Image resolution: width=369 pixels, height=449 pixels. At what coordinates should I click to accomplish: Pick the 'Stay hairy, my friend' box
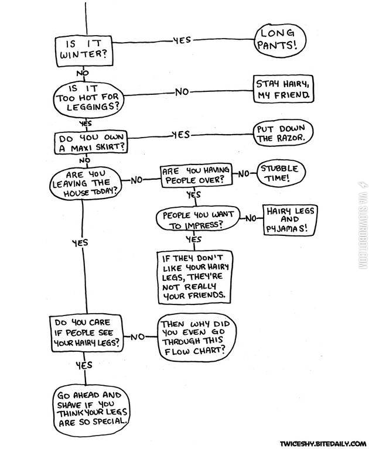pyautogui.click(x=282, y=89)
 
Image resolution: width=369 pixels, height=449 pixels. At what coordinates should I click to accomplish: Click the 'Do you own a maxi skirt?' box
pyautogui.click(x=90, y=140)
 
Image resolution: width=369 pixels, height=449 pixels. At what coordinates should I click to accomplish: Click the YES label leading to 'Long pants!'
pyautogui.click(x=182, y=40)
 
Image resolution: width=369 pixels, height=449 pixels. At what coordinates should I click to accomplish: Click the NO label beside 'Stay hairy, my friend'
pyautogui.click(x=183, y=92)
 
